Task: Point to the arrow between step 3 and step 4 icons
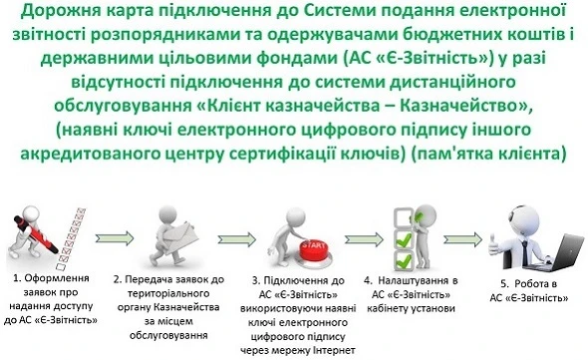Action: pos(340,237)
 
